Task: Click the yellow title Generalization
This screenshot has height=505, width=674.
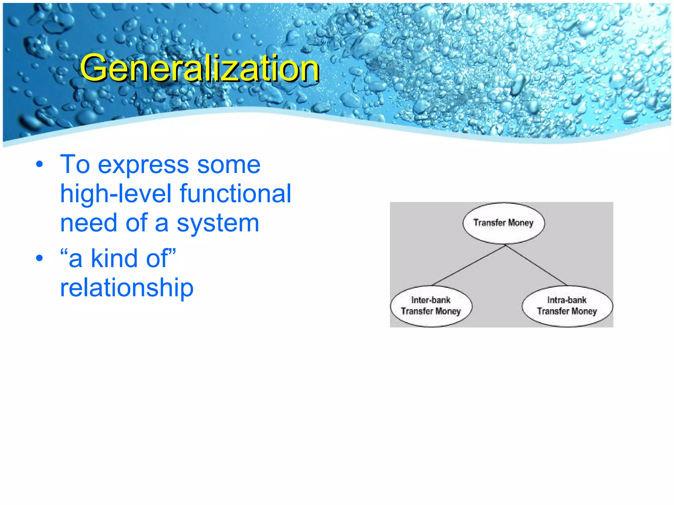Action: [199, 68]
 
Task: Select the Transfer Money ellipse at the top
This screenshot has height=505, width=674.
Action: [504, 223]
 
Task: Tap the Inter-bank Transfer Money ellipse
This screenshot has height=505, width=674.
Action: [431, 306]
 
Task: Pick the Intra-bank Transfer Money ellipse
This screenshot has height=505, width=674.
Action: [567, 306]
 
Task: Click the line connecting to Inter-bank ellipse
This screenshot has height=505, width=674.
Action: [469, 265]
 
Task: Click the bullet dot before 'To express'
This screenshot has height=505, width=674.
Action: [39, 164]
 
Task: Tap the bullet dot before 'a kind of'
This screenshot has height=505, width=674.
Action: [39, 258]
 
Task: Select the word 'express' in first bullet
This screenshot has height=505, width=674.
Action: [143, 165]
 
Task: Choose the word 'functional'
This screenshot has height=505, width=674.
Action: [235, 194]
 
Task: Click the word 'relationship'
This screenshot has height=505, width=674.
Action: [127, 288]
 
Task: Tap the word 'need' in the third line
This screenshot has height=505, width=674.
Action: [89, 223]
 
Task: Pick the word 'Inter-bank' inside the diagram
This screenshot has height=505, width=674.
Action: [431, 300]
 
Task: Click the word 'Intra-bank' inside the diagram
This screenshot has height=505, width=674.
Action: [567, 300]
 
